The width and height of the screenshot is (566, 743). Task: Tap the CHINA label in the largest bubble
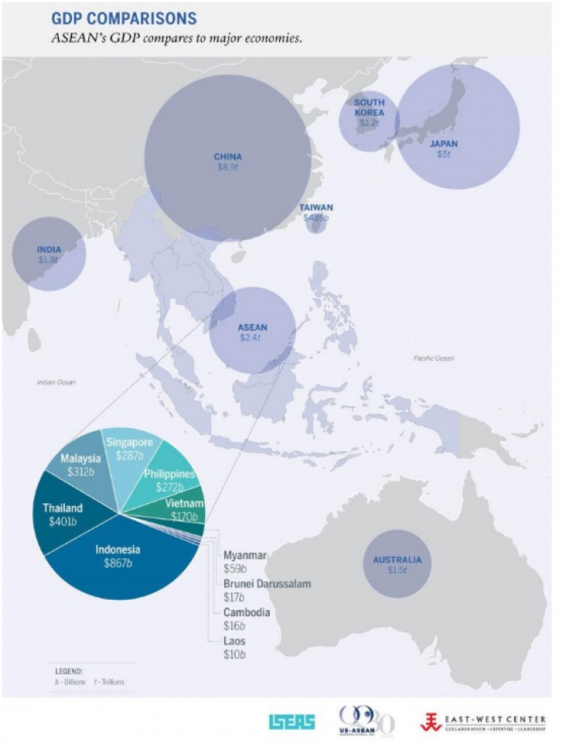click(x=227, y=157)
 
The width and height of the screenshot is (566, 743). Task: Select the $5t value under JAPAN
click(x=443, y=153)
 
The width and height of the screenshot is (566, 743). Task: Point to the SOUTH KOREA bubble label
click(x=369, y=108)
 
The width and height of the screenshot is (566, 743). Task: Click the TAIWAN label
click(x=316, y=207)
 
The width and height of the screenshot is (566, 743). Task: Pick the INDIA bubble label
click(x=49, y=249)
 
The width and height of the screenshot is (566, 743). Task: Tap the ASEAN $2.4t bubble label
click(x=252, y=327)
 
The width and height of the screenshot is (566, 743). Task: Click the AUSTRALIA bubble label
click(x=397, y=560)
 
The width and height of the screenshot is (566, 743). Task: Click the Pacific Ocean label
click(x=434, y=358)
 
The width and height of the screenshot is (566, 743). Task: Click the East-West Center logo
click(x=482, y=722)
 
